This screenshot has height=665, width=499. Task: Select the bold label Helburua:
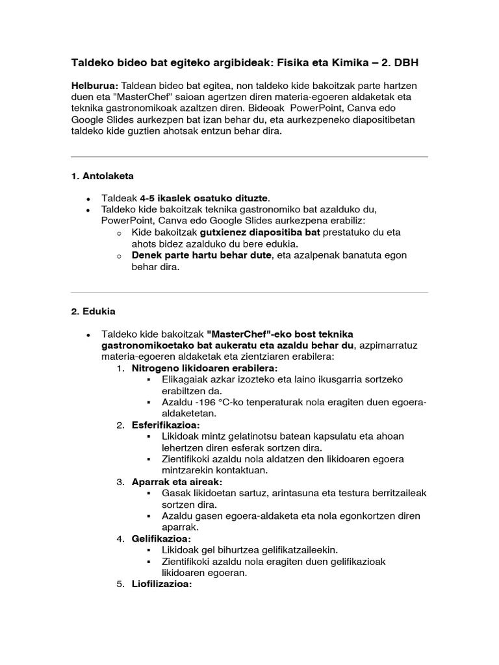(94, 86)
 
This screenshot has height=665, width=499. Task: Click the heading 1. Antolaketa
(102, 176)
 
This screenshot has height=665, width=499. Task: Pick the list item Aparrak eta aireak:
(177, 482)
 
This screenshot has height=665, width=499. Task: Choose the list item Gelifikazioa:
(162, 539)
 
